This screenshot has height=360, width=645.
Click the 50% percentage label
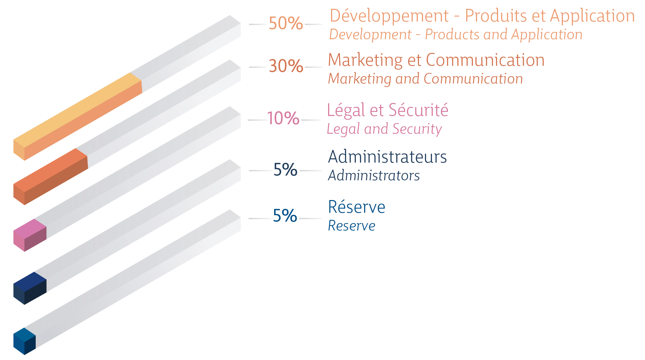click(x=286, y=23)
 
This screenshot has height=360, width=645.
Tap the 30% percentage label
click(x=286, y=66)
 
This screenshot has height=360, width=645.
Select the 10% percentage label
click(x=283, y=118)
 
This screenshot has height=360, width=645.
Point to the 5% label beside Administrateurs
click(x=285, y=170)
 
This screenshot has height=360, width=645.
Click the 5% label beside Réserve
click(x=285, y=216)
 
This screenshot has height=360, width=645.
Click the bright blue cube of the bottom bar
click(x=25, y=341)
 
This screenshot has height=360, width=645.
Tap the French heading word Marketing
click(x=365, y=60)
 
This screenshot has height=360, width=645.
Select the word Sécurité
click(x=418, y=110)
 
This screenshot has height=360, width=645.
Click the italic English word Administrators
click(x=374, y=176)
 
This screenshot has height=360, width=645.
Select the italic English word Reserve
click(x=351, y=226)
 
